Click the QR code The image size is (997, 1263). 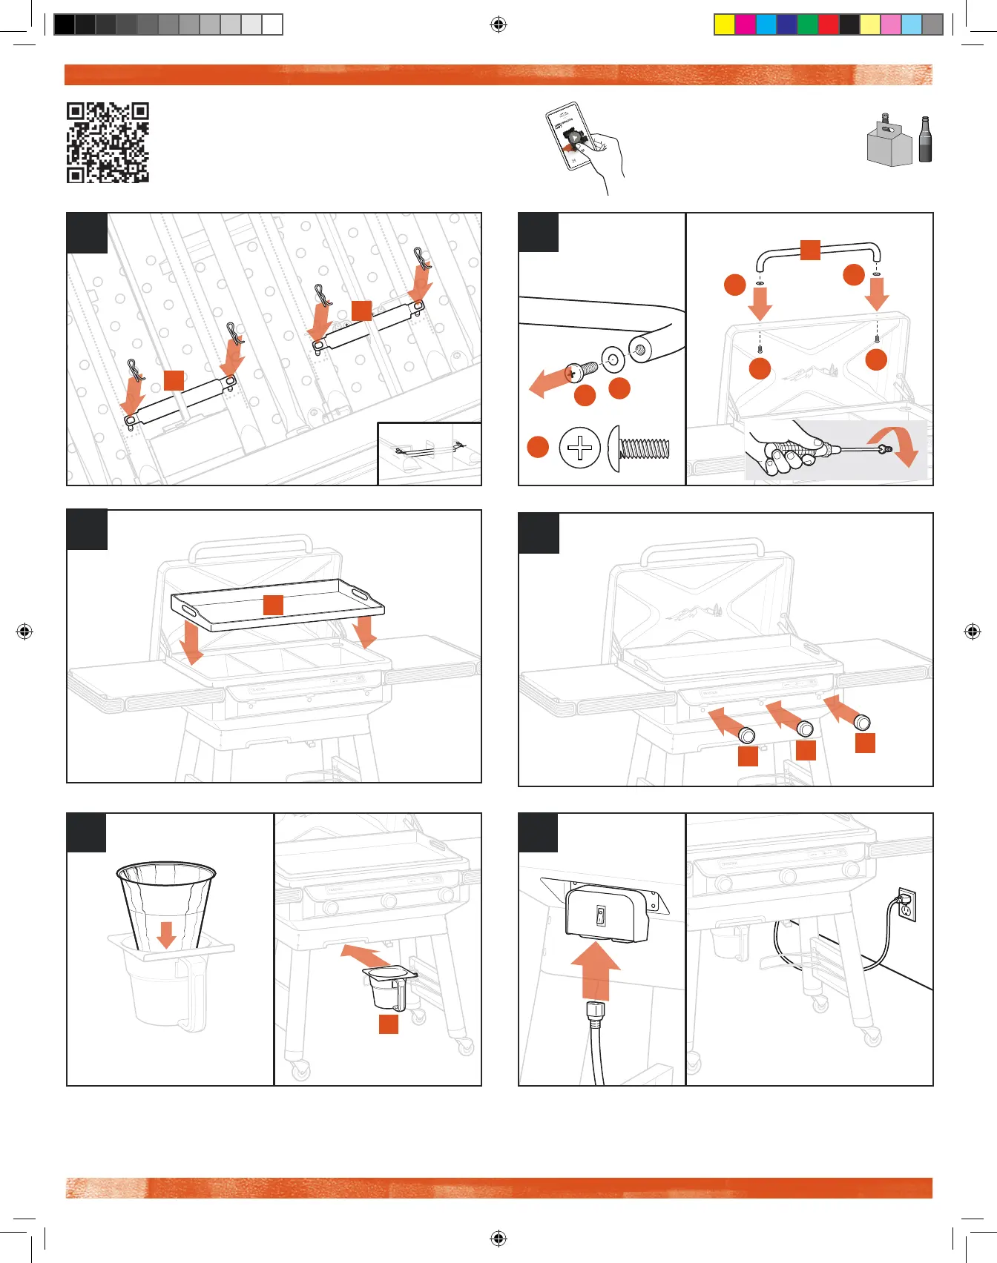click(x=108, y=142)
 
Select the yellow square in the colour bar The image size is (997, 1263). click(x=724, y=24)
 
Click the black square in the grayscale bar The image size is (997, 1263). click(x=65, y=24)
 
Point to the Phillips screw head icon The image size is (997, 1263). click(x=579, y=448)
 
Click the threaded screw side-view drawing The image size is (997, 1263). click(x=639, y=448)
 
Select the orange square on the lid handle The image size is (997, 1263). click(x=810, y=250)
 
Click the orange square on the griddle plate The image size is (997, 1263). click(x=273, y=604)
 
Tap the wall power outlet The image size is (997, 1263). click(x=906, y=904)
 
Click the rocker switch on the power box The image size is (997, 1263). click(x=601, y=916)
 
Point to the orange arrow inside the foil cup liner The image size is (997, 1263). click(x=166, y=934)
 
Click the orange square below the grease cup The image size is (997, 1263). click(x=389, y=1024)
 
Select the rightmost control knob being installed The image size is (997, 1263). click(x=861, y=720)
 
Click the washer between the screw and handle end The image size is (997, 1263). click(x=613, y=360)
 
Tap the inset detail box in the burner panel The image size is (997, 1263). click(x=430, y=453)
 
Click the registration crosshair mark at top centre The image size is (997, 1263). click(x=498, y=25)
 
